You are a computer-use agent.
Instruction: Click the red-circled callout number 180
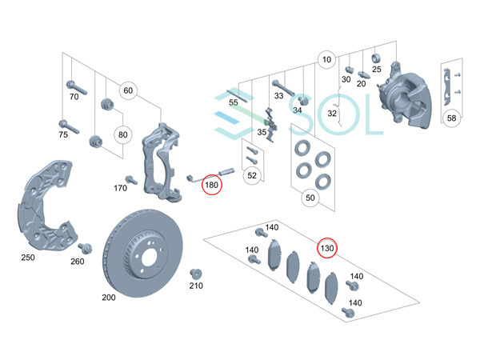[x=211, y=186]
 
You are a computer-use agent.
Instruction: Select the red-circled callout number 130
[x=327, y=248]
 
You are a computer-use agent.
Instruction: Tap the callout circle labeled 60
[x=128, y=90]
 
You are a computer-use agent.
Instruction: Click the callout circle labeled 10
[x=326, y=60]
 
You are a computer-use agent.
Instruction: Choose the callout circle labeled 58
[x=451, y=118]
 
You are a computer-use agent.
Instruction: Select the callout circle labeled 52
[x=252, y=175]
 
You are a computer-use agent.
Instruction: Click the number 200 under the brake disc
[x=109, y=298]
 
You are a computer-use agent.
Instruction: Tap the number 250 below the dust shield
[x=27, y=258]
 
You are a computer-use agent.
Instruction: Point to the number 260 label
[x=77, y=262]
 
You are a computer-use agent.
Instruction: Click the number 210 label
[x=196, y=286]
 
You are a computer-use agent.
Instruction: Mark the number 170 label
[x=120, y=189]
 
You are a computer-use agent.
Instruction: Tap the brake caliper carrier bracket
[x=160, y=160]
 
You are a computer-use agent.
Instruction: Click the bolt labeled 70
[x=74, y=84]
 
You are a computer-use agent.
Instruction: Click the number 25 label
[x=376, y=70]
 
